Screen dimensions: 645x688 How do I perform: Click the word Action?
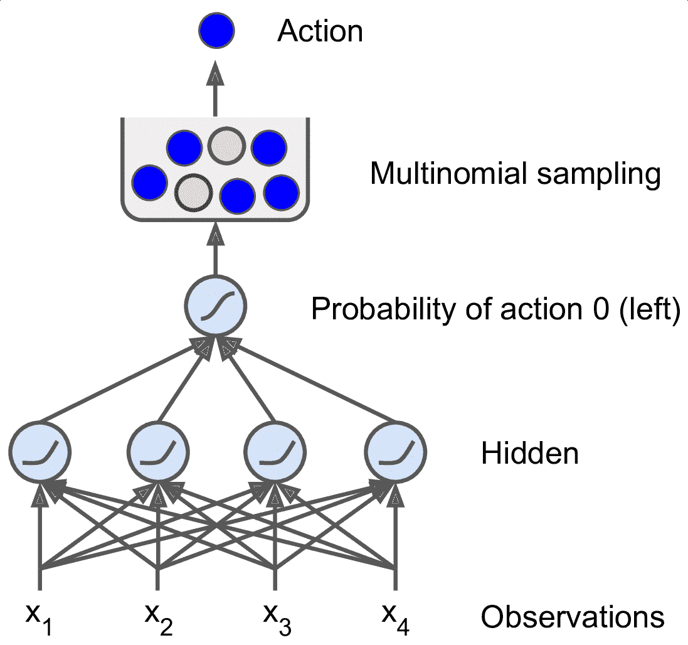[320, 31]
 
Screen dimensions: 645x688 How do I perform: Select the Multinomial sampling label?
[515, 174]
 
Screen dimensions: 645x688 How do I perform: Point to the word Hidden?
[530, 452]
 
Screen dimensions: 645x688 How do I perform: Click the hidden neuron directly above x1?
[40, 452]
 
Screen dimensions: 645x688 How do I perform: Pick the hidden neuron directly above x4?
[395, 452]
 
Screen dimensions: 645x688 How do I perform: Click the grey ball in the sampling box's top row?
[226, 146]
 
